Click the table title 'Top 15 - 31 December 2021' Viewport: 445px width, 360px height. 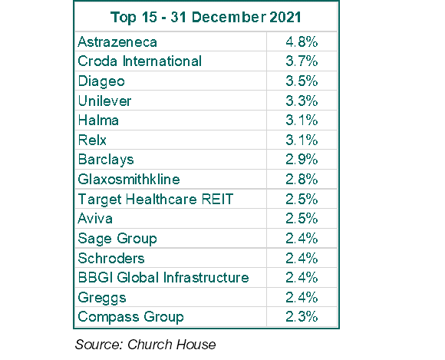pyautogui.click(x=206, y=18)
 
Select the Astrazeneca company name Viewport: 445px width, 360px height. pyautogui.click(x=117, y=42)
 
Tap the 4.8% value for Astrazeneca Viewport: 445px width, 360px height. pyautogui.click(x=302, y=42)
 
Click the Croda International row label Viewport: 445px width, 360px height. pyautogui.click(x=140, y=61)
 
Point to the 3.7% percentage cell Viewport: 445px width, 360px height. pyautogui.click(x=302, y=61)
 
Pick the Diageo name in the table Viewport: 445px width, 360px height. pyautogui.click(x=101, y=81)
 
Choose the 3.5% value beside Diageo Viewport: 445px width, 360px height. pyautogui.click(x=302, y=81)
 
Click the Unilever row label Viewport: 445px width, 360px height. pyautogui.click(x=104, y=101)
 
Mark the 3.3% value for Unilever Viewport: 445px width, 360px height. pyautogui.click(x=302, y=101)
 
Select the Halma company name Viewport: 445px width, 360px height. pyautogui.click(x=98, y=120)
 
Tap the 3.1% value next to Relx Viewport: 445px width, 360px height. pyautogui.click(x=302, y=140)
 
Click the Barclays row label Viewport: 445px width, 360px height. pyautogui.click(x=106, y=160)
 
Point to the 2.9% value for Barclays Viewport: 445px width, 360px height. pyautogui.click(x=302, y=159)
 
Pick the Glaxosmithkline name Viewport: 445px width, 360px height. pyautogui.click(x=129, y=179)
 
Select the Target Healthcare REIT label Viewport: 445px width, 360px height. pyautogui.click(x=156, y=200)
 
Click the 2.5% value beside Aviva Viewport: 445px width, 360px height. pyautogui.click(x=302, y=218)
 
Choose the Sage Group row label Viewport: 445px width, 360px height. pyautogui.click(x=117, y=239)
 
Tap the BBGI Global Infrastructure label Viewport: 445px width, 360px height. pyautogui.click(x=163, y=277)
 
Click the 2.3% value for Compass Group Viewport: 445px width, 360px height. pyautogui.click(x=302, y=316)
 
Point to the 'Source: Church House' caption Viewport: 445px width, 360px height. pyautogui.click(x=145, y=345)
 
